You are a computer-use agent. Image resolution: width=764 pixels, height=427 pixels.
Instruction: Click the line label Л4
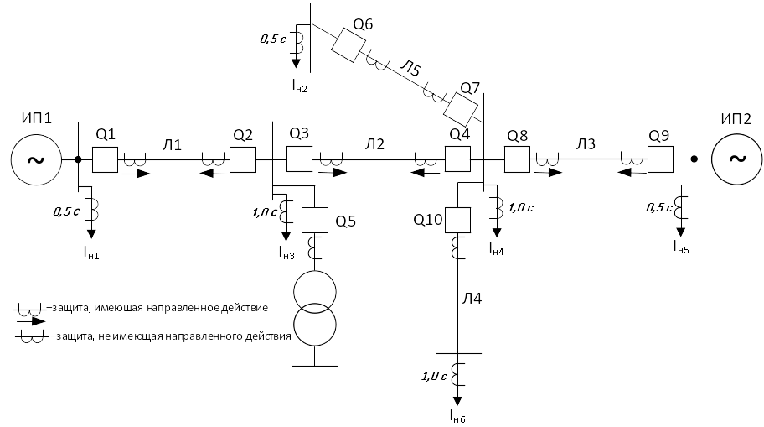[472, 298]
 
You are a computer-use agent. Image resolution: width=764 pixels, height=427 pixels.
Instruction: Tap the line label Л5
[410, 68]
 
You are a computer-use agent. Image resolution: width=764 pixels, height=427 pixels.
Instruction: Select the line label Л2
[374, 144]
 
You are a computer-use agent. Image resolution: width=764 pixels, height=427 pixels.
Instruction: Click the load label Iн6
[457, 416]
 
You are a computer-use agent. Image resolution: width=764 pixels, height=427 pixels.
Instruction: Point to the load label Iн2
[300, 86]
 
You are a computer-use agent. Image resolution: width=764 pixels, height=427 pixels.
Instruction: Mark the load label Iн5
[681, 247]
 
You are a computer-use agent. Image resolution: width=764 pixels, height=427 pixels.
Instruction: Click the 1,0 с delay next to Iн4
[520, 208]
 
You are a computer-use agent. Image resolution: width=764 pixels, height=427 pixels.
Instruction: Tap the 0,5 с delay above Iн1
[66, 211]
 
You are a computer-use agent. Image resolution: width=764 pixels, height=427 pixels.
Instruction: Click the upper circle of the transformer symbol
[315, 292]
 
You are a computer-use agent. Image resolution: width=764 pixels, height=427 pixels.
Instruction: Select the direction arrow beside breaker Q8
[549, 172]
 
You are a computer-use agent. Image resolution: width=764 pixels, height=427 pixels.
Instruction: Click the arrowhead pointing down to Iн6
[457, 401]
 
